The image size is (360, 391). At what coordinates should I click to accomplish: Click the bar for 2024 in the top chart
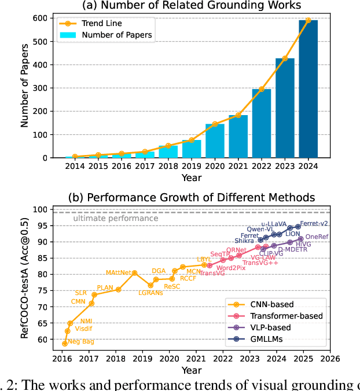308,89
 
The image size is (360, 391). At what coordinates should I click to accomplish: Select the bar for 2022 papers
262,123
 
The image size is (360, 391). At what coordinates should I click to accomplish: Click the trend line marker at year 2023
285,58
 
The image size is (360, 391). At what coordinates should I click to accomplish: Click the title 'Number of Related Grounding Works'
193,6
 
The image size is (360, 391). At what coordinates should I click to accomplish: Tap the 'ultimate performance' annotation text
115,219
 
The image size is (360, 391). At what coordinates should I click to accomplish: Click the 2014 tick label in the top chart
75,166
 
